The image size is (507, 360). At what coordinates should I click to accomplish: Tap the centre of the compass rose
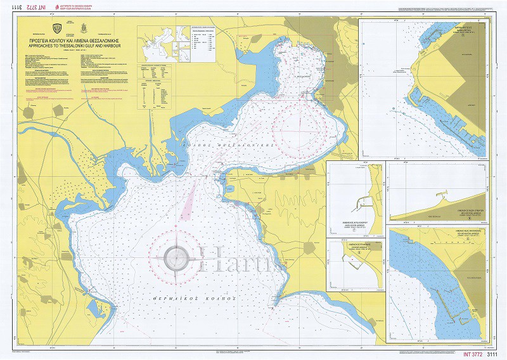tap(176, 258)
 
